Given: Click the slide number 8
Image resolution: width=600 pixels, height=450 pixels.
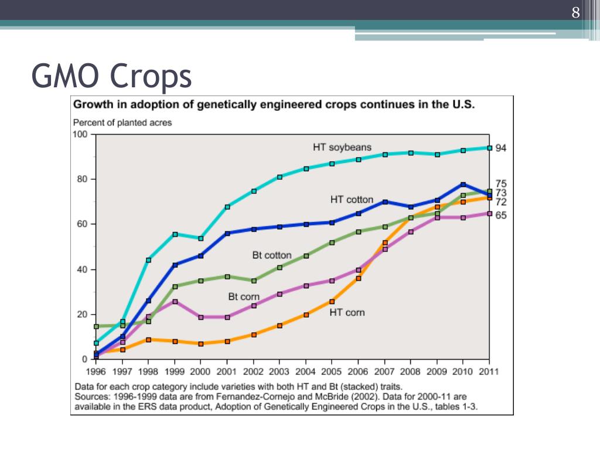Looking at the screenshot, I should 575,13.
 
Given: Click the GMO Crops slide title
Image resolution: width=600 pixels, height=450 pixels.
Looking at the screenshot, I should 111,77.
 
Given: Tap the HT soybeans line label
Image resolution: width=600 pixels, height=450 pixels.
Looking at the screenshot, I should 342,148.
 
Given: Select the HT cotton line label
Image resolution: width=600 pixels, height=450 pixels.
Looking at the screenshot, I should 352,200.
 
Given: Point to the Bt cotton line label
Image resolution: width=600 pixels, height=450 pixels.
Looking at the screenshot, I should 272,255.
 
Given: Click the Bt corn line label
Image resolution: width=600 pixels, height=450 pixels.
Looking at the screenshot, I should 244,297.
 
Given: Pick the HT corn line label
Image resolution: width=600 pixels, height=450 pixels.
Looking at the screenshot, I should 347,312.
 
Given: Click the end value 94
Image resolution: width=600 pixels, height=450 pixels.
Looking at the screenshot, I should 501,148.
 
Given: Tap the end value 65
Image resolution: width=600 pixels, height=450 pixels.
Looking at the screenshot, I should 501,216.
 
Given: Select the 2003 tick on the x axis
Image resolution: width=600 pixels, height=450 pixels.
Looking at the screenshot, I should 279,371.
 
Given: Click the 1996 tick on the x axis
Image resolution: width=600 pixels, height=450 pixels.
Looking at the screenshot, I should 96,371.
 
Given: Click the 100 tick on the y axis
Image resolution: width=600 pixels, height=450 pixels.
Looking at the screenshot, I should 80,134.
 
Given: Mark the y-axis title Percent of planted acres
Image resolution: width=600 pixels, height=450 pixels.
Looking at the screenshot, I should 122,123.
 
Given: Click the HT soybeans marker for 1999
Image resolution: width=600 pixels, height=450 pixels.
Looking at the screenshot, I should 175,234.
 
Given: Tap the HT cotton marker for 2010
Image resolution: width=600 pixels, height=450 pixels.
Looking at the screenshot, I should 463,185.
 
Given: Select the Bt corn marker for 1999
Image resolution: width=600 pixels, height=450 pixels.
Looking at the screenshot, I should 175,301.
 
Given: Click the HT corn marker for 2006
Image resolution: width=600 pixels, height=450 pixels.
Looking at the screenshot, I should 359,278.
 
